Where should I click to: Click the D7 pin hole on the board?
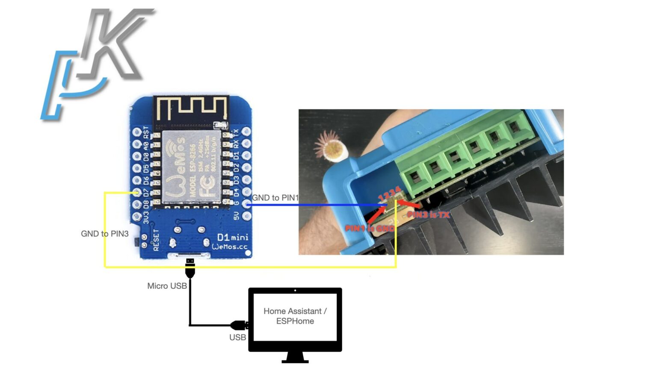tap(137, 192)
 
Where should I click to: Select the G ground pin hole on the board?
tap(246, 204)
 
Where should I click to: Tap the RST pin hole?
tap(137, 132)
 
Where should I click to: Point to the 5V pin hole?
tap(246, 216)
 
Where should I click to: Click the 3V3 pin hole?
tap(137, 217)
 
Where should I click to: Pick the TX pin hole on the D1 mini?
tap(246, 132)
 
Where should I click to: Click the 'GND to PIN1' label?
tap(275, 198)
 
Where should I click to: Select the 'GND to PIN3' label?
tap(105, 234)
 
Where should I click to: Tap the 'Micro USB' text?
tap(167, 286)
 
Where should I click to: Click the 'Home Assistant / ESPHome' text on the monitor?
tap(295, 316)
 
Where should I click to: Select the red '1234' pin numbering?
tap(389, 194)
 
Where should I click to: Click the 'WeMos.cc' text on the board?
tap(230, 247)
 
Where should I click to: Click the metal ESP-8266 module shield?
tap(191, 167)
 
